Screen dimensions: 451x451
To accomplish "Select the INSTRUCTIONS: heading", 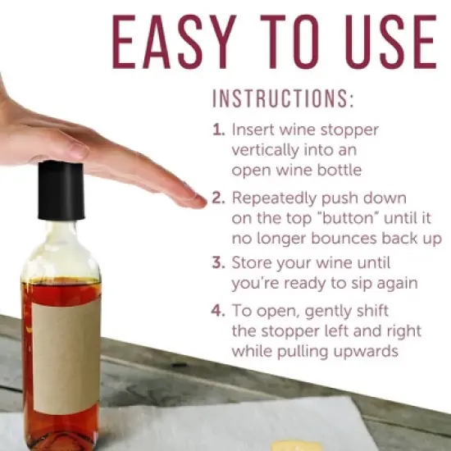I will (283, 100).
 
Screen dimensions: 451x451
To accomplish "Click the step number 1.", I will (218, 130).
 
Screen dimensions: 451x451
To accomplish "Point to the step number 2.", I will (218, 198).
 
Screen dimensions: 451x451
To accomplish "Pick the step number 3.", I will (218, 265).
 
